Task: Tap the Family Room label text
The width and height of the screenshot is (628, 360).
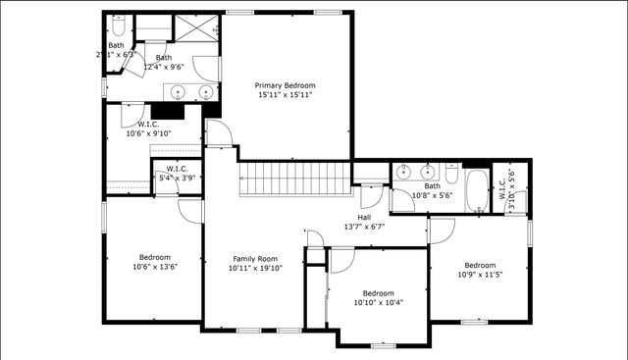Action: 255,258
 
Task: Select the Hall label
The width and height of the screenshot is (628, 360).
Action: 364,217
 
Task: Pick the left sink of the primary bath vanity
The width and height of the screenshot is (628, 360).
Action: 178,91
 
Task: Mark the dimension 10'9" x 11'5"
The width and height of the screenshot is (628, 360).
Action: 480,275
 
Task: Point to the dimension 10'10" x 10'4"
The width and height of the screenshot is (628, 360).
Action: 378,302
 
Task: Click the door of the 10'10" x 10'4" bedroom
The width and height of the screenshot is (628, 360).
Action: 341,261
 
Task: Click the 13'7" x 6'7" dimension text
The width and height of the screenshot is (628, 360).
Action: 364,227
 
